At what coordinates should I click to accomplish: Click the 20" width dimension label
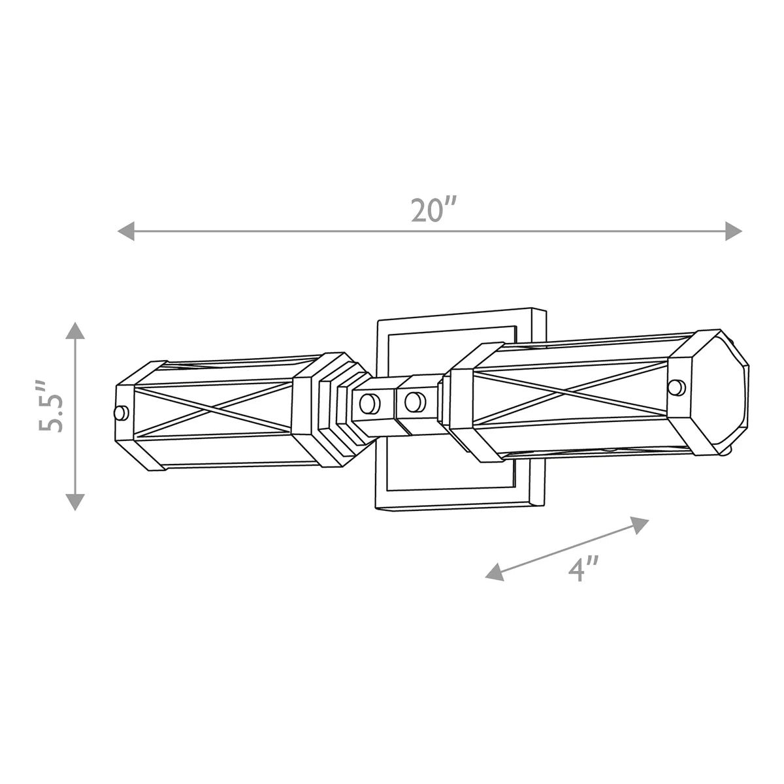tap(433, 210)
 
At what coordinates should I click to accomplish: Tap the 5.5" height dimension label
tap(51, 407)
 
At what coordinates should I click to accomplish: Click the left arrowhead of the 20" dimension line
tap(125, 231)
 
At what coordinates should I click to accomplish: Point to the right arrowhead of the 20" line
tap(734, 231)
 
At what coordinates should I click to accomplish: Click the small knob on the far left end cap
tap(121, 414)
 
